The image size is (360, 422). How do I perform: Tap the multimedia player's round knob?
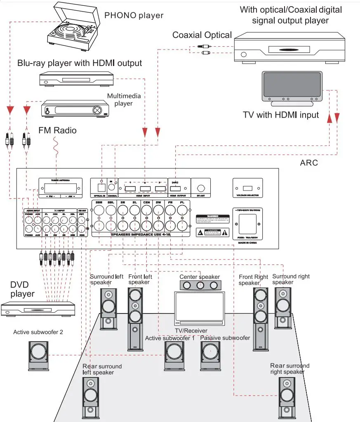pyautogui.click(x=97, y=110)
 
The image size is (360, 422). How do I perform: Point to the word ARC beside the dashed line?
pyautogui.click(x=309, y=163)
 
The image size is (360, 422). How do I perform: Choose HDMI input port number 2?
pyautogui.click(x=144, y=189)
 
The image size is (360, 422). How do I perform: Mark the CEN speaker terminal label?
pyautogui.click(x=146, y=203)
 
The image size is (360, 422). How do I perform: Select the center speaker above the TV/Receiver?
pyautogui.click(x=200, y=285)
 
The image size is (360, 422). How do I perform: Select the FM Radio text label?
pyautogui.click(x=57, y=130)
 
